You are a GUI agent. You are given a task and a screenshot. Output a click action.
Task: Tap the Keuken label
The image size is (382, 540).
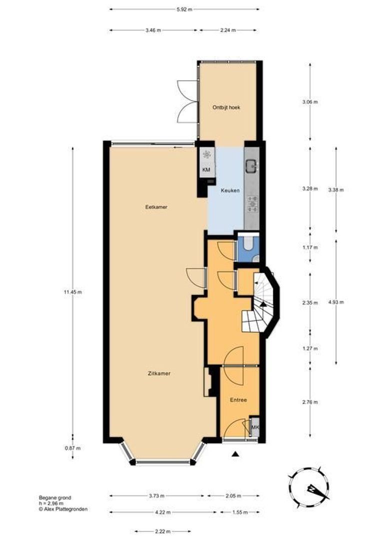click(230, 190)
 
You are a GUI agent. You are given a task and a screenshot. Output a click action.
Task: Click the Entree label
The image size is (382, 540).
click(238, 400)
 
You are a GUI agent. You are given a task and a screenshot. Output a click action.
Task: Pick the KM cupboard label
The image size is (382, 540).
click(206, 170)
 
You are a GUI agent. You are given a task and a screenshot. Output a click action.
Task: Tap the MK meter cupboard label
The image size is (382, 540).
click(255, 427)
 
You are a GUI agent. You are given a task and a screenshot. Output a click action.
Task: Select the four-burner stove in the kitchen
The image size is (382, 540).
click(252, 202)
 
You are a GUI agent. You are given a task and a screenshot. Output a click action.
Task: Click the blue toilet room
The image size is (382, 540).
click(247, 246)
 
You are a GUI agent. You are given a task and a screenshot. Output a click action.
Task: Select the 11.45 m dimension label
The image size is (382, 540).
click(73, 292)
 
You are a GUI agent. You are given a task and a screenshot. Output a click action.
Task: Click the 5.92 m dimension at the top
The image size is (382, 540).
click(185, 9)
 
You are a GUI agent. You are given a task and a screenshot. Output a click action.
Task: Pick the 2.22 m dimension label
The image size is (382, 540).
click(163, 531)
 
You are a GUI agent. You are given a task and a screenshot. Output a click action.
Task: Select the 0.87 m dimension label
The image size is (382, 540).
click(73, 448)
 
